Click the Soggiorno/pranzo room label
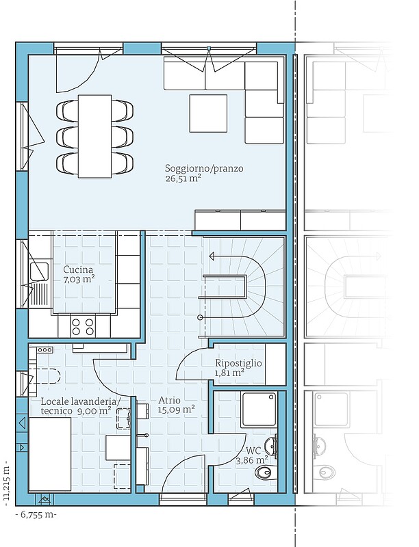pyautogui.click(x=204, y=169)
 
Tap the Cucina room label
pyautogui.click(x=78, y=269)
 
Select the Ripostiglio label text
pyautogui.click(x=238, y=363)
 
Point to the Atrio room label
pyautogui.click(x=169, y=400)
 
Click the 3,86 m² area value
pyautogui.click(x=252, y=460)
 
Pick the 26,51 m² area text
pyautogui.click(x=183, y=178)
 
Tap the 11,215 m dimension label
pyautogui.click(x=6, y=485)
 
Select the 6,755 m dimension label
pyautogui.click(x=36, y=515)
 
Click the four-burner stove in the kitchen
pyautogui.click(x=83, y=326)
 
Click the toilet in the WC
pyautogui.click(x=264, y=472)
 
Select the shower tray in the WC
pyautogui.click(x=259, y=409)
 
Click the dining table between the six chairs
pyautogui.click(x=95, y=136)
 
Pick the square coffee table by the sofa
pyautogui.click(x=208, y=114)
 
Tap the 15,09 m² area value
pyautogui.click(x=177, y=409)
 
